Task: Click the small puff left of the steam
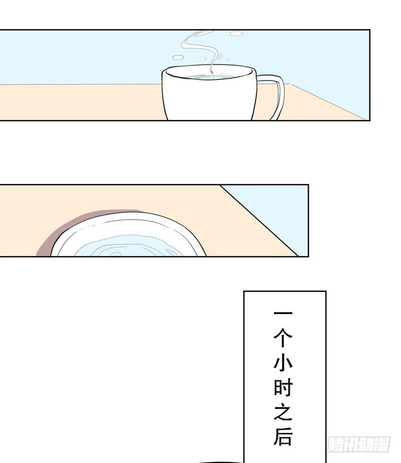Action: pos(177,57)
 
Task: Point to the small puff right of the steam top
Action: pos(237,33)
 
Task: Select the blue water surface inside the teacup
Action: pos(210,77)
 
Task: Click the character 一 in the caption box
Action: pos(283,313)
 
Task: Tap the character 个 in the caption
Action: pos(283,337)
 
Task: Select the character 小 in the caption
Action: pos(283,363)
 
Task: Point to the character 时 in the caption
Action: pos(283,388)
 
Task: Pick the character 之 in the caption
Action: pos(283,413)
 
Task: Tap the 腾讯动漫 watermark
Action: pos(358,444)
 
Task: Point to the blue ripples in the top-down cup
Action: pos(130,247)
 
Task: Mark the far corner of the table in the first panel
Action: pos(291,84)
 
